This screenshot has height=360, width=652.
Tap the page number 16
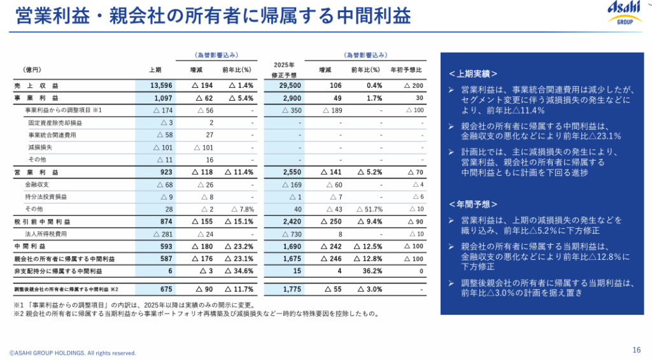tap(636, 349)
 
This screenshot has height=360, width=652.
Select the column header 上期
tap(155, 69)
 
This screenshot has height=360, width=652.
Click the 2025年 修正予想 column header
tap(284, 69)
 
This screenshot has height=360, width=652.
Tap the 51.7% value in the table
tap(369, 209)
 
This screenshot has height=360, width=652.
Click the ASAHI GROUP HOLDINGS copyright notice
tap(73, 352)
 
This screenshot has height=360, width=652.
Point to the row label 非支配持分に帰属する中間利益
tap(58, 271)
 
